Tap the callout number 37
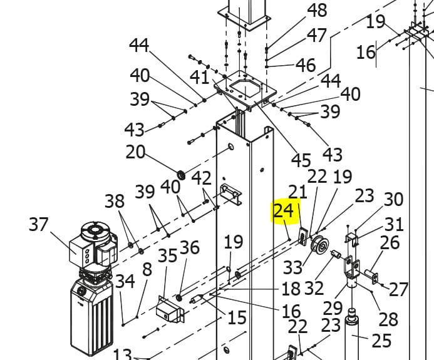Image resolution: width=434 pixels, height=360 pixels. pos(38,224)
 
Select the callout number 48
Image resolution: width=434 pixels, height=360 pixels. pos(317,11)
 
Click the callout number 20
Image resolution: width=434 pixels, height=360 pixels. pos(135,152)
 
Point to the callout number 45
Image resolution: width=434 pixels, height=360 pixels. pos(301,160)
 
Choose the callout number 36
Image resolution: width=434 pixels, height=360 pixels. pos(189,247)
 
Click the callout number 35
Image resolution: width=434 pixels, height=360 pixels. pos(167,255)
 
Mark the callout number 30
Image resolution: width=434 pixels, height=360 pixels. pos(393,200)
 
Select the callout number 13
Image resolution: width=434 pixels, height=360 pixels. pos(122,354)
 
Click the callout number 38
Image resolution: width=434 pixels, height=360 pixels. pos(115,201)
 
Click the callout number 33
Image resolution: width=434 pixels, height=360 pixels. pos(292,267)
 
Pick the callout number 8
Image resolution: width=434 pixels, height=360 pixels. pos(147,269)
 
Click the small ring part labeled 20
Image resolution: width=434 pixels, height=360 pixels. pos(182,173)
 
